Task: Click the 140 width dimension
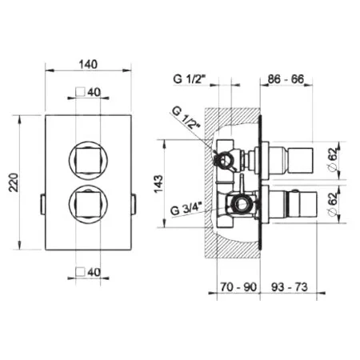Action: pos(88,65)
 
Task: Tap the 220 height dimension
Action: pos(14,182)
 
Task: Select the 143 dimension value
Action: pos(158,184)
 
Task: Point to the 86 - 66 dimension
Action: pos(286,79)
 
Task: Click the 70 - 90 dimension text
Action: pos(238,287)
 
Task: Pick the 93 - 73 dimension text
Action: pos(290,287)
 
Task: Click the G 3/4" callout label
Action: pos(187,209)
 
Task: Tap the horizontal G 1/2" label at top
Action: pos(190,79)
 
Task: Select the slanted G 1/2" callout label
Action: pos(186,118)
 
